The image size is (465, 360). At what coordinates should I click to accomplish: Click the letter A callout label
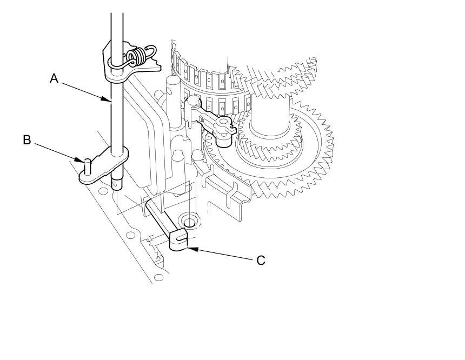point(54,78)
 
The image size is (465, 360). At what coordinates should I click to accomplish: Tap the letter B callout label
point(27,140)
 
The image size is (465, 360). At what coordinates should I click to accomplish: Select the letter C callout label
point(261,260)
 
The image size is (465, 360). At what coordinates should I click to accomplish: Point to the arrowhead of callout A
point(110,100)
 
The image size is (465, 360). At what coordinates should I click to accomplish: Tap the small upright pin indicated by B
point(87,165)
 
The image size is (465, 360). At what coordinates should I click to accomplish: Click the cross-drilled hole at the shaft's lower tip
point(116,184)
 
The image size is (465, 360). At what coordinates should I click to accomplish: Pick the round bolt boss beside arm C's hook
point(189,222)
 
